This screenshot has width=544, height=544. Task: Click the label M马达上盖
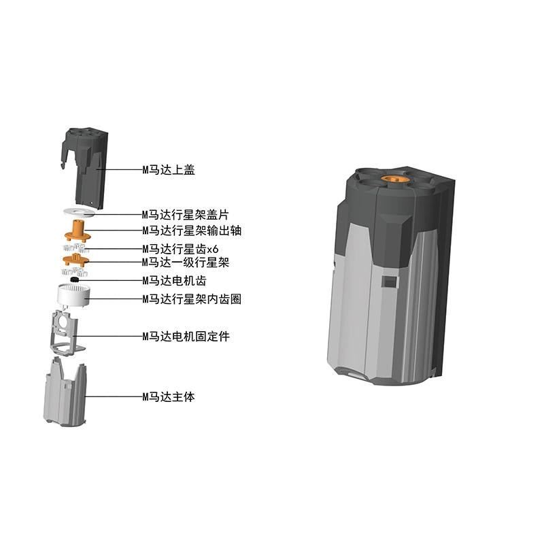coord(169,169)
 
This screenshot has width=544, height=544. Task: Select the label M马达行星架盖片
coord(185,215)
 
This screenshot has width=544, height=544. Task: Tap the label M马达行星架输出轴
coord(192,231)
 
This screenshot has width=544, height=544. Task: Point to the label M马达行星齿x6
coord(180,249)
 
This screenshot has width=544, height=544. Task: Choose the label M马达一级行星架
coord(186,262)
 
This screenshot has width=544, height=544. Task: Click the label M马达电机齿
coord(174,280)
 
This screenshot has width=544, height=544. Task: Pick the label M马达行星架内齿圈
coord(192,299)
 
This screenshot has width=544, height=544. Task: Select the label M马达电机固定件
coord(186,336)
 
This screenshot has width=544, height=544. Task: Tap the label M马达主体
coord(169,396)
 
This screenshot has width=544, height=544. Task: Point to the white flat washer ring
coord(80,212)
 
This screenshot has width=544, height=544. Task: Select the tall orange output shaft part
coord(78,231)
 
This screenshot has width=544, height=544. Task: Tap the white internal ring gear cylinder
coord(73,295)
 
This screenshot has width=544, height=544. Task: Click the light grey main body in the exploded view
coord(65,393)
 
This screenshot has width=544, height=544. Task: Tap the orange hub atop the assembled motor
coord(393,179)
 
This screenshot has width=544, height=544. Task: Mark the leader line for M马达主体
coord(114,396)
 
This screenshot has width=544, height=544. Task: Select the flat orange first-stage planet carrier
coord(76,260)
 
